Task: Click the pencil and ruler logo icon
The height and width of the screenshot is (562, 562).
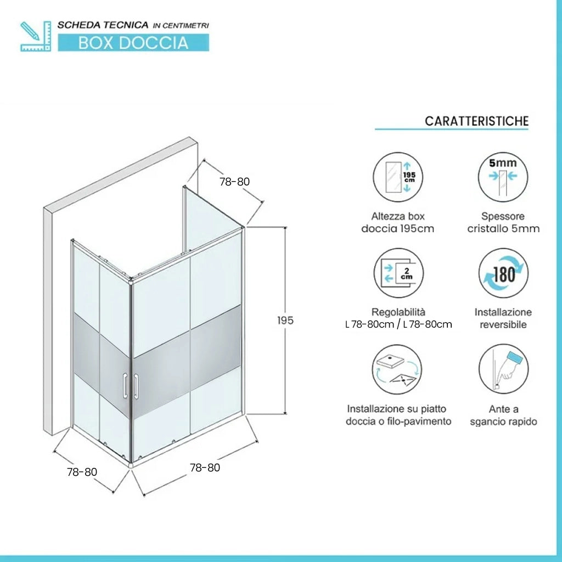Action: tap(36, 36)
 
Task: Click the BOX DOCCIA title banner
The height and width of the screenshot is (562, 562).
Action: tap(133, 43)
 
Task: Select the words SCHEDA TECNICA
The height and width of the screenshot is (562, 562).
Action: tap(103, 25)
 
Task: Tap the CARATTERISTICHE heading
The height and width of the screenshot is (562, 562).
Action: tap(476, 121)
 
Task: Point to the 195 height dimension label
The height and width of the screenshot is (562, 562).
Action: tap(285, 321)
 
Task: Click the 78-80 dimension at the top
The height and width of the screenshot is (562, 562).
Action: tap(234, 182)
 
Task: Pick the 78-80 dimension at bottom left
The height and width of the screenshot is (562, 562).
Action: tap(82, 471)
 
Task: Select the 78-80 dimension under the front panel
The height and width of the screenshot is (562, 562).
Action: tap(205, 468)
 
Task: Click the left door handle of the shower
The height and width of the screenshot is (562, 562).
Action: tap(125, 386)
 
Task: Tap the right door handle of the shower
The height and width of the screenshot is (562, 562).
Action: tap(136, 386)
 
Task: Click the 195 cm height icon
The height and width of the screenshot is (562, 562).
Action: tap(398, 177)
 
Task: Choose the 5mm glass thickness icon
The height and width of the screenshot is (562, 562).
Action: tap(503, 177)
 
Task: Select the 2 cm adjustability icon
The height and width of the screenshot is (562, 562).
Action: tap(398, 273)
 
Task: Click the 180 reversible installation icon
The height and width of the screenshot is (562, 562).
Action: tap(503, 273)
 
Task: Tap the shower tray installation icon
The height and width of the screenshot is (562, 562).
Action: tap(397, 369)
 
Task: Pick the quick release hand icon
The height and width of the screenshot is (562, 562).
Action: tap(504, 369)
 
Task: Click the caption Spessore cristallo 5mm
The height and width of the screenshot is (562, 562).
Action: tap(503, 222)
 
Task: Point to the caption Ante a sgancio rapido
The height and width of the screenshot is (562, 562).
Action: tap(504, 415)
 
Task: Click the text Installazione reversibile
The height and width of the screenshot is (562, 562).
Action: tap(503, 318)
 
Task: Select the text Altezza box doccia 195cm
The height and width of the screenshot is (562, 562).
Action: tap(398, 222)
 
